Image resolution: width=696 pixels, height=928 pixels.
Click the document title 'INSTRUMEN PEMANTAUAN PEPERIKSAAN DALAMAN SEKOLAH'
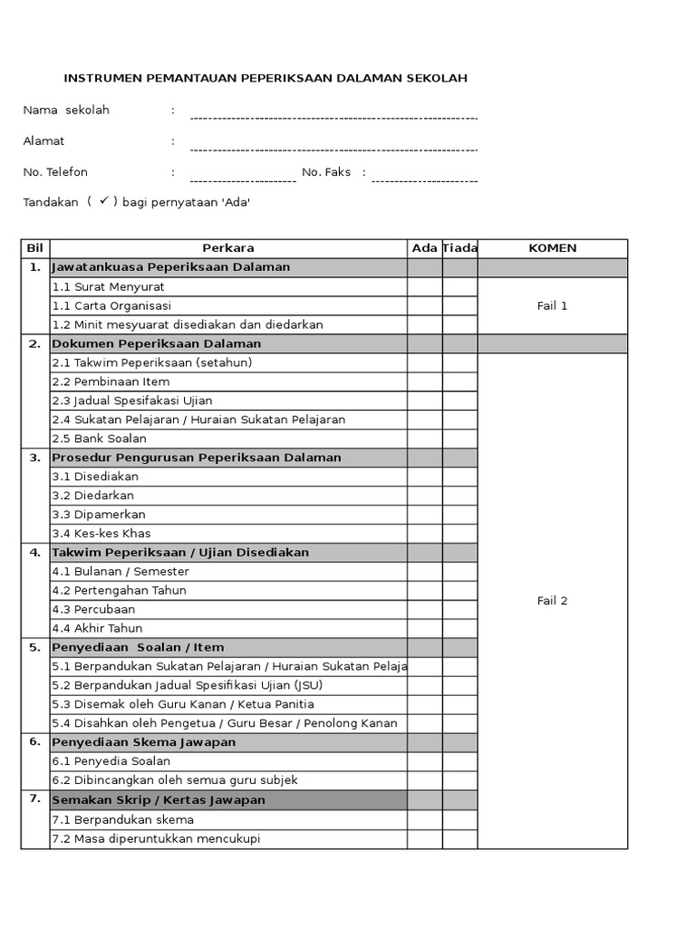tap(266, 79)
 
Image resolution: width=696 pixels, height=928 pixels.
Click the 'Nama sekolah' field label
tap(66, 110)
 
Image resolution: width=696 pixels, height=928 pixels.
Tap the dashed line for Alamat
tap(333, 149)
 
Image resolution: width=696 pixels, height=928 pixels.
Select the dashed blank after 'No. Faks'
tap(424, 180)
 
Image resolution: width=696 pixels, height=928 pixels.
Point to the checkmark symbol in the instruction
tap(104, 201)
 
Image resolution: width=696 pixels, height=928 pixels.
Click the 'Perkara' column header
tap(228, 248)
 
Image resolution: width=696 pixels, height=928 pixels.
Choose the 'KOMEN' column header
tap(552, 248)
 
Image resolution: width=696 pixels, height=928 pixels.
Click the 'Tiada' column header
tap(459, 248)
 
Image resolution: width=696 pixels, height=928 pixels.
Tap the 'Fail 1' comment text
tap(552, 305)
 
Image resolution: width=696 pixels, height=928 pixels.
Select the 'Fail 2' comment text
tap(552, 601)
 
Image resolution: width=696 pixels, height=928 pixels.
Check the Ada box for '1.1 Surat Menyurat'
tap(424, 286)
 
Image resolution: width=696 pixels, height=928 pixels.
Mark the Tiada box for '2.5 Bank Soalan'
tap(459, 439)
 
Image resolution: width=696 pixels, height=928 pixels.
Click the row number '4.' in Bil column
tap(35, 552)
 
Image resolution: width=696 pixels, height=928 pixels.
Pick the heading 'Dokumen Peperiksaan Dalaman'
tap(157, 343)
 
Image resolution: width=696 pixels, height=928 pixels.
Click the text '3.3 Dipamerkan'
tap(99, 514)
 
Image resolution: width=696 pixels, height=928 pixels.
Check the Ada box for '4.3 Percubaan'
tap(424, 609)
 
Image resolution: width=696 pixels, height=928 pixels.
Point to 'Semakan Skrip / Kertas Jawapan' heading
tap(159, 799)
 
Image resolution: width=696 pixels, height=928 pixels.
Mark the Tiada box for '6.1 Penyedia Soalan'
tap(459, 761)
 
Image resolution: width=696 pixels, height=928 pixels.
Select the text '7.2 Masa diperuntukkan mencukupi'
tap(156, 838)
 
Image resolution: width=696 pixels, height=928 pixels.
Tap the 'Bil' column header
tap(35, 248)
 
